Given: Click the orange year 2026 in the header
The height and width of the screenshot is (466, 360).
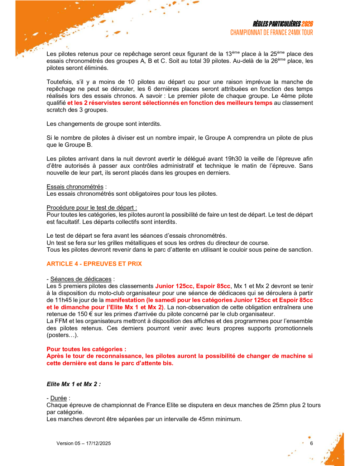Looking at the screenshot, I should pyautogui.click(x=307, y=24).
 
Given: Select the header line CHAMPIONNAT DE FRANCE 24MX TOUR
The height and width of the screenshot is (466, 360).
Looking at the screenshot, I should pyautogui.click(x=272, y=33).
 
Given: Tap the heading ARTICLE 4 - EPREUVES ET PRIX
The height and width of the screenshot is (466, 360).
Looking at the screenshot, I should pyautogui.click(x=94, y=264).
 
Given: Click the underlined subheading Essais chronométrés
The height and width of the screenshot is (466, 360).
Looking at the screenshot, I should pyautogui.click(x=75, y=187).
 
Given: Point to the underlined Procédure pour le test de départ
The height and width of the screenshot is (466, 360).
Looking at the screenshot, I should pyautogui.click(x=91, y=208).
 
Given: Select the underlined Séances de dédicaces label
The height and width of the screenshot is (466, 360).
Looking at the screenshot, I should pyautogui.click(x=81, y=279).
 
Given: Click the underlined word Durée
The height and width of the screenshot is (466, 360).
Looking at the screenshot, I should pyautogui.click(x=58, y=398).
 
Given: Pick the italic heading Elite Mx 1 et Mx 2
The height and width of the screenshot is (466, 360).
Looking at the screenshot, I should pyautogui.click(x=73, y=384).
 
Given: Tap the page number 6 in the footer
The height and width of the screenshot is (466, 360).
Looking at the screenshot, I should pyautogui.click(x=311, y=443).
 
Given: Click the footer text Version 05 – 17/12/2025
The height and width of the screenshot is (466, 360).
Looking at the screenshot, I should pyautogui.click(x=83, y=443).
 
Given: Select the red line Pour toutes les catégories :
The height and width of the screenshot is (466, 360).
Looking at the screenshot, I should pyautogui.click(x=86, y=349).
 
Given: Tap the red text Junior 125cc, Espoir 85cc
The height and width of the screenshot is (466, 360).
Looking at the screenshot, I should pyautogui.click(x=193, y=286).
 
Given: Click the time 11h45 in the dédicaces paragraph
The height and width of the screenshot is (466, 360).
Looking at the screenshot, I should pyautogui.click(x=63, y=300).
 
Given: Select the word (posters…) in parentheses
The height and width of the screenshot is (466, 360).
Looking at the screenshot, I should pyautogui.click(x=62, y=335).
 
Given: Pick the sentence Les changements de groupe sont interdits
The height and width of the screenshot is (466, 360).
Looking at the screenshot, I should pyautogui.click(x=104, y=124).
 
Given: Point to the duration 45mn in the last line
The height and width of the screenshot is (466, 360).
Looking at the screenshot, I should pyautogui.click(x=206, y=419).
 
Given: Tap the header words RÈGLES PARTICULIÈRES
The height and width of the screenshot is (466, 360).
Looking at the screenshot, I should pyautogui.click(x=277, y=24).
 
